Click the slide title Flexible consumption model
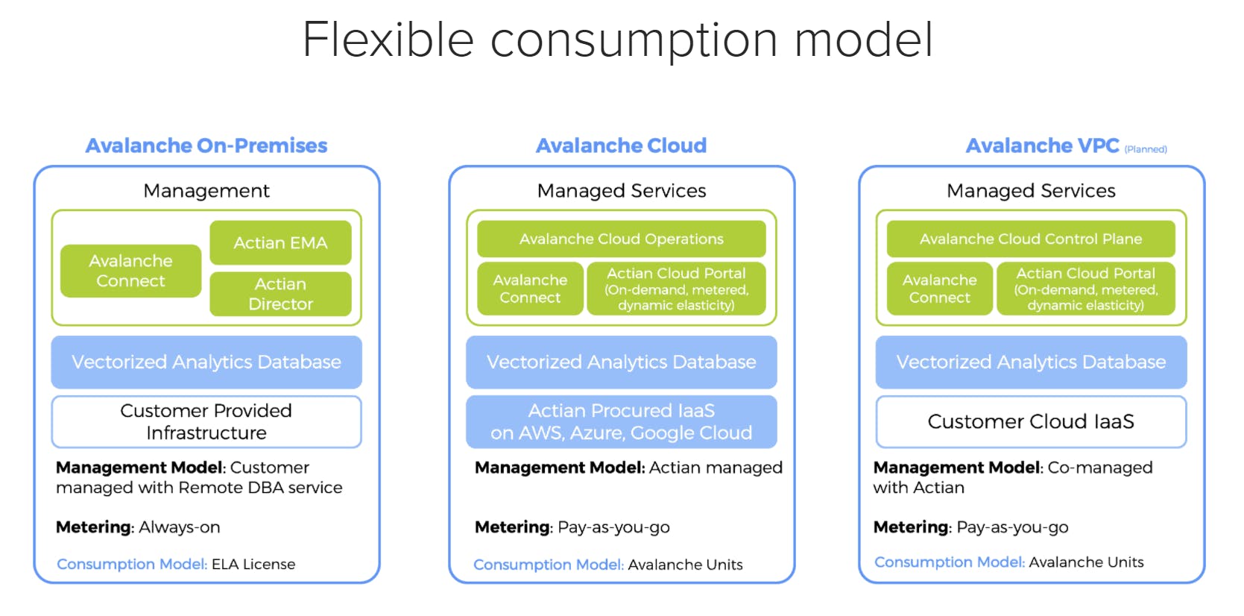click(617, 40)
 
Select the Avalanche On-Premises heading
click(206, 145)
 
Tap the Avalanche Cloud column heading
click(621, 145)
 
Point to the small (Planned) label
click(1146, 149)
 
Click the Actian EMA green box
click(280, 242)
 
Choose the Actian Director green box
click(280, 294)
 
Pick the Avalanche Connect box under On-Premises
click(130, 271)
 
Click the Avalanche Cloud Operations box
click(621, 239)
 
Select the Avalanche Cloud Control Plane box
click(1030, 239)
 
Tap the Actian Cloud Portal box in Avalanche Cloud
click(676, 289)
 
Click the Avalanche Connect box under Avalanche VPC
click(939, 289)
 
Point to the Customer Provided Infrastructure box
click(206, 421)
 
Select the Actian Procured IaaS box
click(621, 421)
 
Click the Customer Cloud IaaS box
click(1030, 421)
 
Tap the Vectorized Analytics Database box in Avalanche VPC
click(1030, 362)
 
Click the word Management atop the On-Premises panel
click(206, 191)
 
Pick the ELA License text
click(253, 565)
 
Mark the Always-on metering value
click(180, 527)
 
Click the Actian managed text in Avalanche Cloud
click(716, 468)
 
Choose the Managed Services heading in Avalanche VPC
click(1030, 191)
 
